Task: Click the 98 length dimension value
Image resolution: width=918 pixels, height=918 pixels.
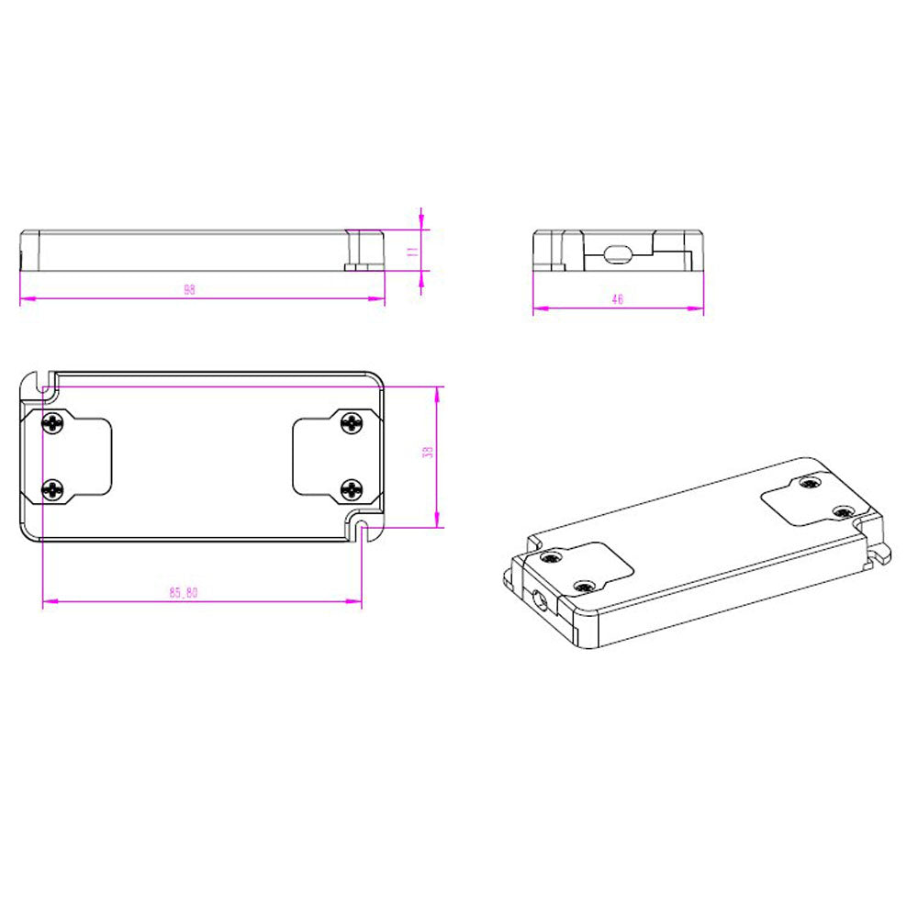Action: pyautogui.click(x=189, y=289)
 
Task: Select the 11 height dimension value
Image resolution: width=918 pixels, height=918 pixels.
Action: pyautogui.click(x=413, y=249)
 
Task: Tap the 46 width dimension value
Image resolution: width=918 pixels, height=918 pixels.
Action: pyautogui.click(x=617, y=299)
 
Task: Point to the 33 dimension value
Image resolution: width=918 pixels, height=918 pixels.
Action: pyautogui.click(x=427, y=453)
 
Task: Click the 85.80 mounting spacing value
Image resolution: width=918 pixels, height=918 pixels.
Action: pyautogui.click(x=183, y=592)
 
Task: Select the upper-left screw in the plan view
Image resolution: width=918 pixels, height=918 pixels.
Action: pyautogui.click(x=53, y=423)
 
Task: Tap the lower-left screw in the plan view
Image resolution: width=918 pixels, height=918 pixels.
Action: pyautogui.click(x=53, y=490)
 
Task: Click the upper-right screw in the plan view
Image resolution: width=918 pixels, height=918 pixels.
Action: pyautogui.click(x=352, y=422)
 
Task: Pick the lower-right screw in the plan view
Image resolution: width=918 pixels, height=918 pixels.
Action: pyautogui.click(x=352, y=489)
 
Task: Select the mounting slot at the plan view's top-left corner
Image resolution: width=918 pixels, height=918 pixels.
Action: pyautogui.click(x=40, y=380)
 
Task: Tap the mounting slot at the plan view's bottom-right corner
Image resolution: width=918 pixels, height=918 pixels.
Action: pyautogui.click(x=363, y=531)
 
